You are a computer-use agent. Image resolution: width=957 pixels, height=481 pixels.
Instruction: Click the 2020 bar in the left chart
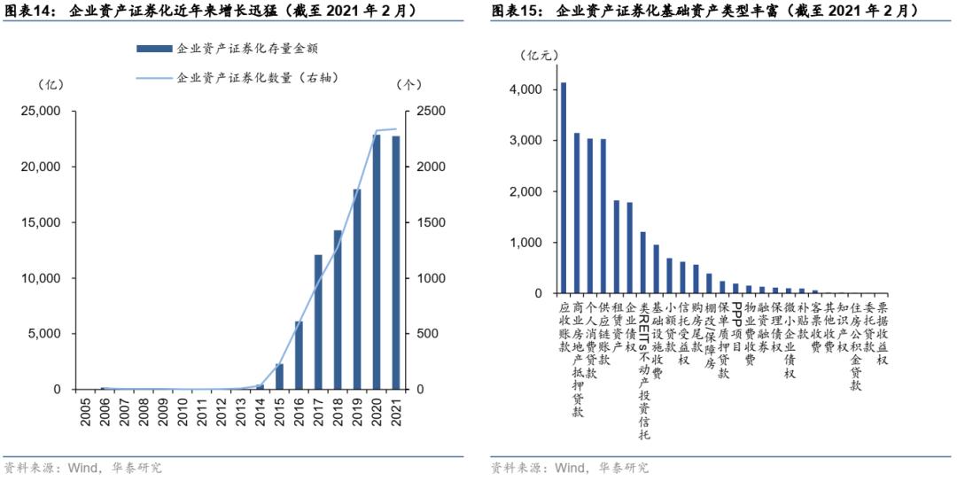click(x=377, y=262)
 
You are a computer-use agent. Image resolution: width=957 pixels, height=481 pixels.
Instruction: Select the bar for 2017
click(x=318, y=322)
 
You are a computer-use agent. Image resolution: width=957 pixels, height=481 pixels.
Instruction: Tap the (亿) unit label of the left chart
click(x=51, y=85)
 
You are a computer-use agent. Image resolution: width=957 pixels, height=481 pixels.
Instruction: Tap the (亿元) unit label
click(x=539, y=55)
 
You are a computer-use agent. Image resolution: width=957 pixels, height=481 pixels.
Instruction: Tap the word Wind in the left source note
click(x=82, y=467)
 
